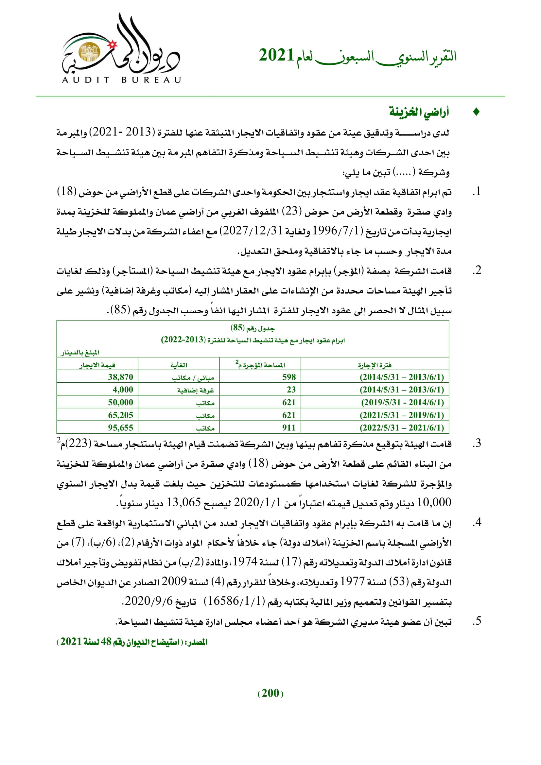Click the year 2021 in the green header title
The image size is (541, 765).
coord(276,55)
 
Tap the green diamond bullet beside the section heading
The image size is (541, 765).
coord(476,112)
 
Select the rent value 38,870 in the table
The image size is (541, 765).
coord(120,377)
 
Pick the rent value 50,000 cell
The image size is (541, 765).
coord(120,402)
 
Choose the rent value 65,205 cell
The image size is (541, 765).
coord(120,415)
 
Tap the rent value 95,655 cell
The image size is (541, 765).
coord(120,427)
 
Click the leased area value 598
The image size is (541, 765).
coord(289,377)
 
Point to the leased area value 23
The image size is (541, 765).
coord(291,390)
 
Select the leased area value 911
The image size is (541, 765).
coord(289,427)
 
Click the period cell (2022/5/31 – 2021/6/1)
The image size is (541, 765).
coord(402,427)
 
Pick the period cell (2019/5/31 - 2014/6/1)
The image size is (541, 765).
coord(402,402)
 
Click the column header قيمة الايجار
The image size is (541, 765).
coord(97,365)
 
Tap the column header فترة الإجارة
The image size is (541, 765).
coord(375,365)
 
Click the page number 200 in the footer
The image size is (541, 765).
coord(270,693)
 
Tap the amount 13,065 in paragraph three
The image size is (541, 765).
coord(183,502)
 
